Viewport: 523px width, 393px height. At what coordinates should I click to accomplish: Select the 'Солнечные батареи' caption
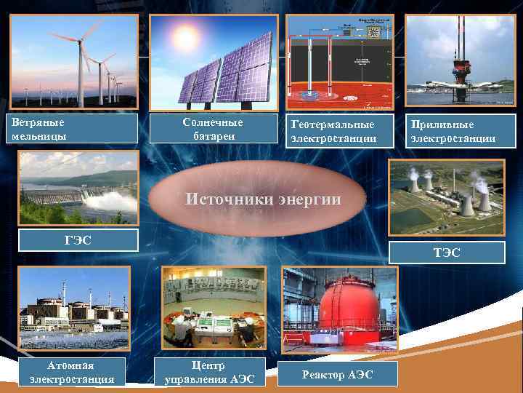tap(214, 128)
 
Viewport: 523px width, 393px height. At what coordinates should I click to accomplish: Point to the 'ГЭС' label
tap(78, 239)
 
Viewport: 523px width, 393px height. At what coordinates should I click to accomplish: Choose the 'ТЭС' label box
tap(449, 252)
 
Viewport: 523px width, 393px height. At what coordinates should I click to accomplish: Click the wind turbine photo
tap(76, 61)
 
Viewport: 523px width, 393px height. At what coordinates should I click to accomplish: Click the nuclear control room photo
tap(214, 308)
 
